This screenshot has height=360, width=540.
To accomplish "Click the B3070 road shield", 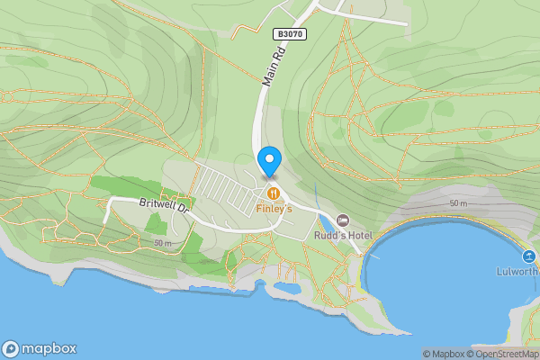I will (x=289, y=33).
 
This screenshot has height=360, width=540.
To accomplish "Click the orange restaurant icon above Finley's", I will (x=272, y=193).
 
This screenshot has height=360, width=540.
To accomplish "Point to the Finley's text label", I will (x=274, y=209).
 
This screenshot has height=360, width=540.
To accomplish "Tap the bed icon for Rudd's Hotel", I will (x=342, y=220).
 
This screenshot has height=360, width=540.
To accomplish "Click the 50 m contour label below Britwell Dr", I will (x=163, y=243).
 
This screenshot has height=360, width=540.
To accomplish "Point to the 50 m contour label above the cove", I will (x=458, y=204).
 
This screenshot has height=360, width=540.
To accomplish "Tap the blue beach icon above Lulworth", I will (x=531, y=256).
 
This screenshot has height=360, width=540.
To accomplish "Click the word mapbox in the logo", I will (x=50, y=349).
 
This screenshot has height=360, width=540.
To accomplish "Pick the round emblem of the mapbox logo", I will (x=11, y=349).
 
